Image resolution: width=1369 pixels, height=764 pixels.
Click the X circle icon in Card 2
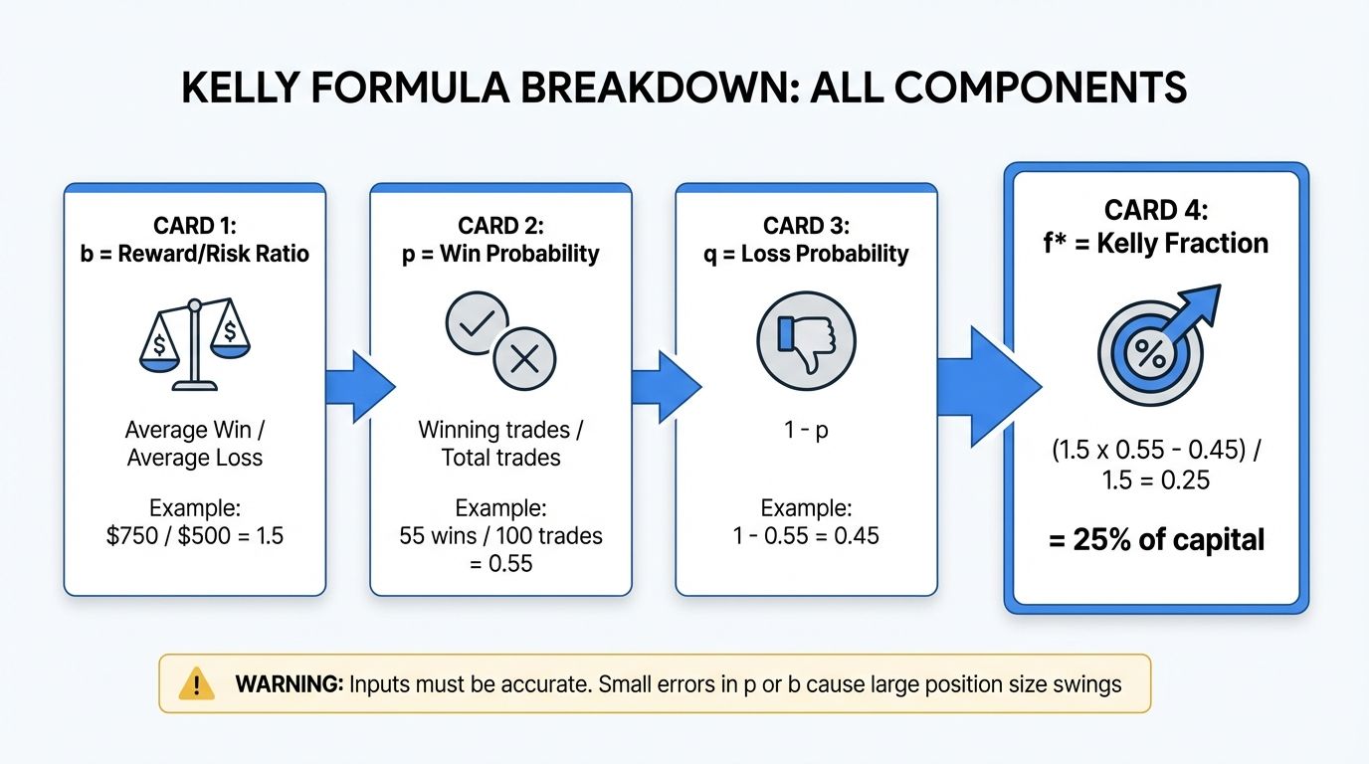coord(523,357)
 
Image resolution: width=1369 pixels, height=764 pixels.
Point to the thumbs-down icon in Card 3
coord(806,341)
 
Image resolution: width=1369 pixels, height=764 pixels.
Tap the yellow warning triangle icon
coord(197,683)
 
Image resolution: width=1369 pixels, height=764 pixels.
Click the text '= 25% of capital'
coord(1155,540)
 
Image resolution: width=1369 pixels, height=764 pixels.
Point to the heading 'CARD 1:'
coord(194,226)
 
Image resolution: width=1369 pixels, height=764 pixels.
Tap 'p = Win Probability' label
coord(500,254)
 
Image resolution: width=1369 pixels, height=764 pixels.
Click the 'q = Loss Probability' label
coord(806,254)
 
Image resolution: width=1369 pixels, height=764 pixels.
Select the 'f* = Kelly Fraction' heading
coord(1155,244)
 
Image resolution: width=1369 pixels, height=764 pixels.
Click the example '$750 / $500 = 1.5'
coord(195,536)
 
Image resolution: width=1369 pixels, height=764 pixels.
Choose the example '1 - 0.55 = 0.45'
coord(806,536)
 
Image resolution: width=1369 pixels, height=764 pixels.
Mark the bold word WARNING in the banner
coord(289,684)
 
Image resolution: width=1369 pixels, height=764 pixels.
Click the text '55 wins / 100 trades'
coord(500,536)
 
